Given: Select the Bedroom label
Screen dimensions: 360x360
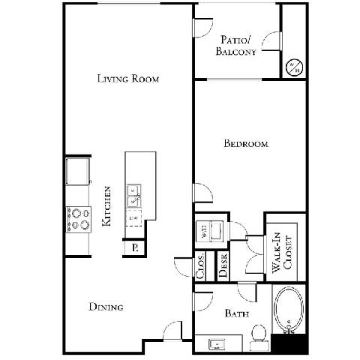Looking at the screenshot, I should tap(245, 143).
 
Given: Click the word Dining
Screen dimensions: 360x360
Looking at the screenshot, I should tap(106, 307).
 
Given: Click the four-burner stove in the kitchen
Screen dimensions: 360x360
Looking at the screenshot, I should tap(77, 218).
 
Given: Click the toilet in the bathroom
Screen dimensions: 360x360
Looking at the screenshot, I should tap(259, 335).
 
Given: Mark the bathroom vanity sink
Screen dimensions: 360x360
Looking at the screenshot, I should tap(217, 343).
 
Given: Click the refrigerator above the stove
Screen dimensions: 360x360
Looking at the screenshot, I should tap(77, 172).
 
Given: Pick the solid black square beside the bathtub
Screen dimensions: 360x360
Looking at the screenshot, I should tap(289, 343).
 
